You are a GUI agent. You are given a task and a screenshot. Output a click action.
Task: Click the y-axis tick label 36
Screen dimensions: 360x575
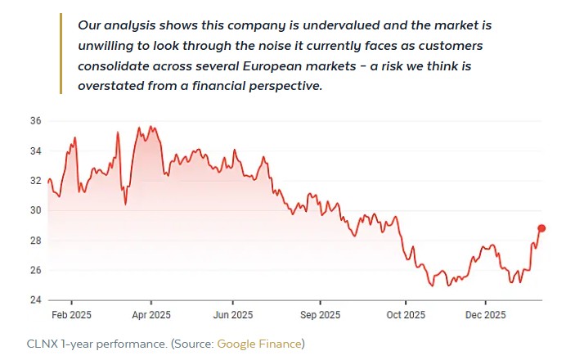coord(36,121)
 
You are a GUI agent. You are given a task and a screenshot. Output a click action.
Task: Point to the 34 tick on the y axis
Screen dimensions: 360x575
coord(36,151)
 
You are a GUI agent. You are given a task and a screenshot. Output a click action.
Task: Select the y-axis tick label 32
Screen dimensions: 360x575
coord(36,181)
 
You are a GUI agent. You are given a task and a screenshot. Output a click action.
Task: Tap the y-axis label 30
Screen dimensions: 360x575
coord(36,210)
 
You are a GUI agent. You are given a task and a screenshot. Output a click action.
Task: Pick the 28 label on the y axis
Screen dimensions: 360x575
coord(36,241)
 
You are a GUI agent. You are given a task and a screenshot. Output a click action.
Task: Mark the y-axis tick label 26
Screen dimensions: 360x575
coord(36,270)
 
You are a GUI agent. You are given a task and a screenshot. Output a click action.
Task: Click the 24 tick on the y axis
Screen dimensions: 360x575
coord(36,300)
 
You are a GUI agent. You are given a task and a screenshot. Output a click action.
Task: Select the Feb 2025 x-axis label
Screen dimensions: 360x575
coord(71,315)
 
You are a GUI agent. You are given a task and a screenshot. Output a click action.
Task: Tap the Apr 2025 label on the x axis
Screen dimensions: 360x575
coord(151,315)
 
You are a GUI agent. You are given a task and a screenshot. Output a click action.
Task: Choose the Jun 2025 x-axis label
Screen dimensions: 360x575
coord(232,315)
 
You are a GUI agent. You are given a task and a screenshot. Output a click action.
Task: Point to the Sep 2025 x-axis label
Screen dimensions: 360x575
coord(320,315)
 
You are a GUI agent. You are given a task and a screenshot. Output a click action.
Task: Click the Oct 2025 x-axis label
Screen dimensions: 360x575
coord(406,315)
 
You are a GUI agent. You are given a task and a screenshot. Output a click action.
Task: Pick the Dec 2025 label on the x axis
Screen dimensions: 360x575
coord(485,315)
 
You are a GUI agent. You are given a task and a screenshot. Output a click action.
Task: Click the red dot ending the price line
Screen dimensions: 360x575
coord(541,228)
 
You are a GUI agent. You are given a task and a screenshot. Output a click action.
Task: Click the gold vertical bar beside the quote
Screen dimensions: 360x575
coord(61,54)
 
